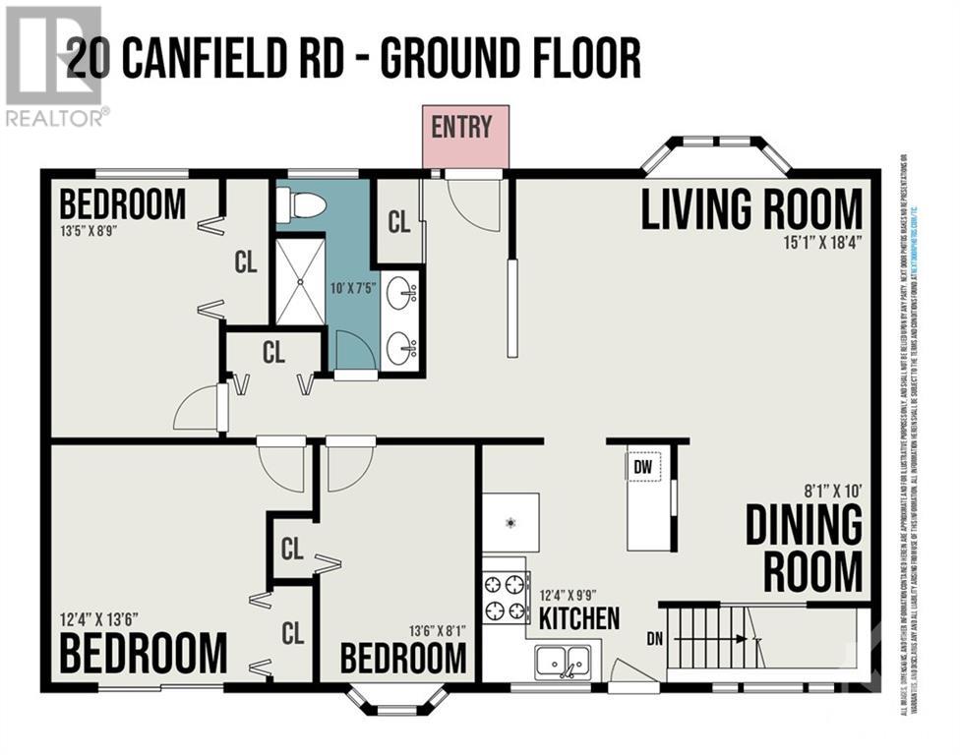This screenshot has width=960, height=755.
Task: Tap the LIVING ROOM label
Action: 751,208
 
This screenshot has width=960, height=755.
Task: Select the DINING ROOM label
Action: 804,547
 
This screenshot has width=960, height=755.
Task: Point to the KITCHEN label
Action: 579,617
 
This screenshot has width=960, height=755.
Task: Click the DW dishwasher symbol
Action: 643,466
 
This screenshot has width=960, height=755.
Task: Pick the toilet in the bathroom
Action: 301,204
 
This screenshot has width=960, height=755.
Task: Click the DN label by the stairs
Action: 655,638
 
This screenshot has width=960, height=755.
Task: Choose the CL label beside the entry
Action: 398,222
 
